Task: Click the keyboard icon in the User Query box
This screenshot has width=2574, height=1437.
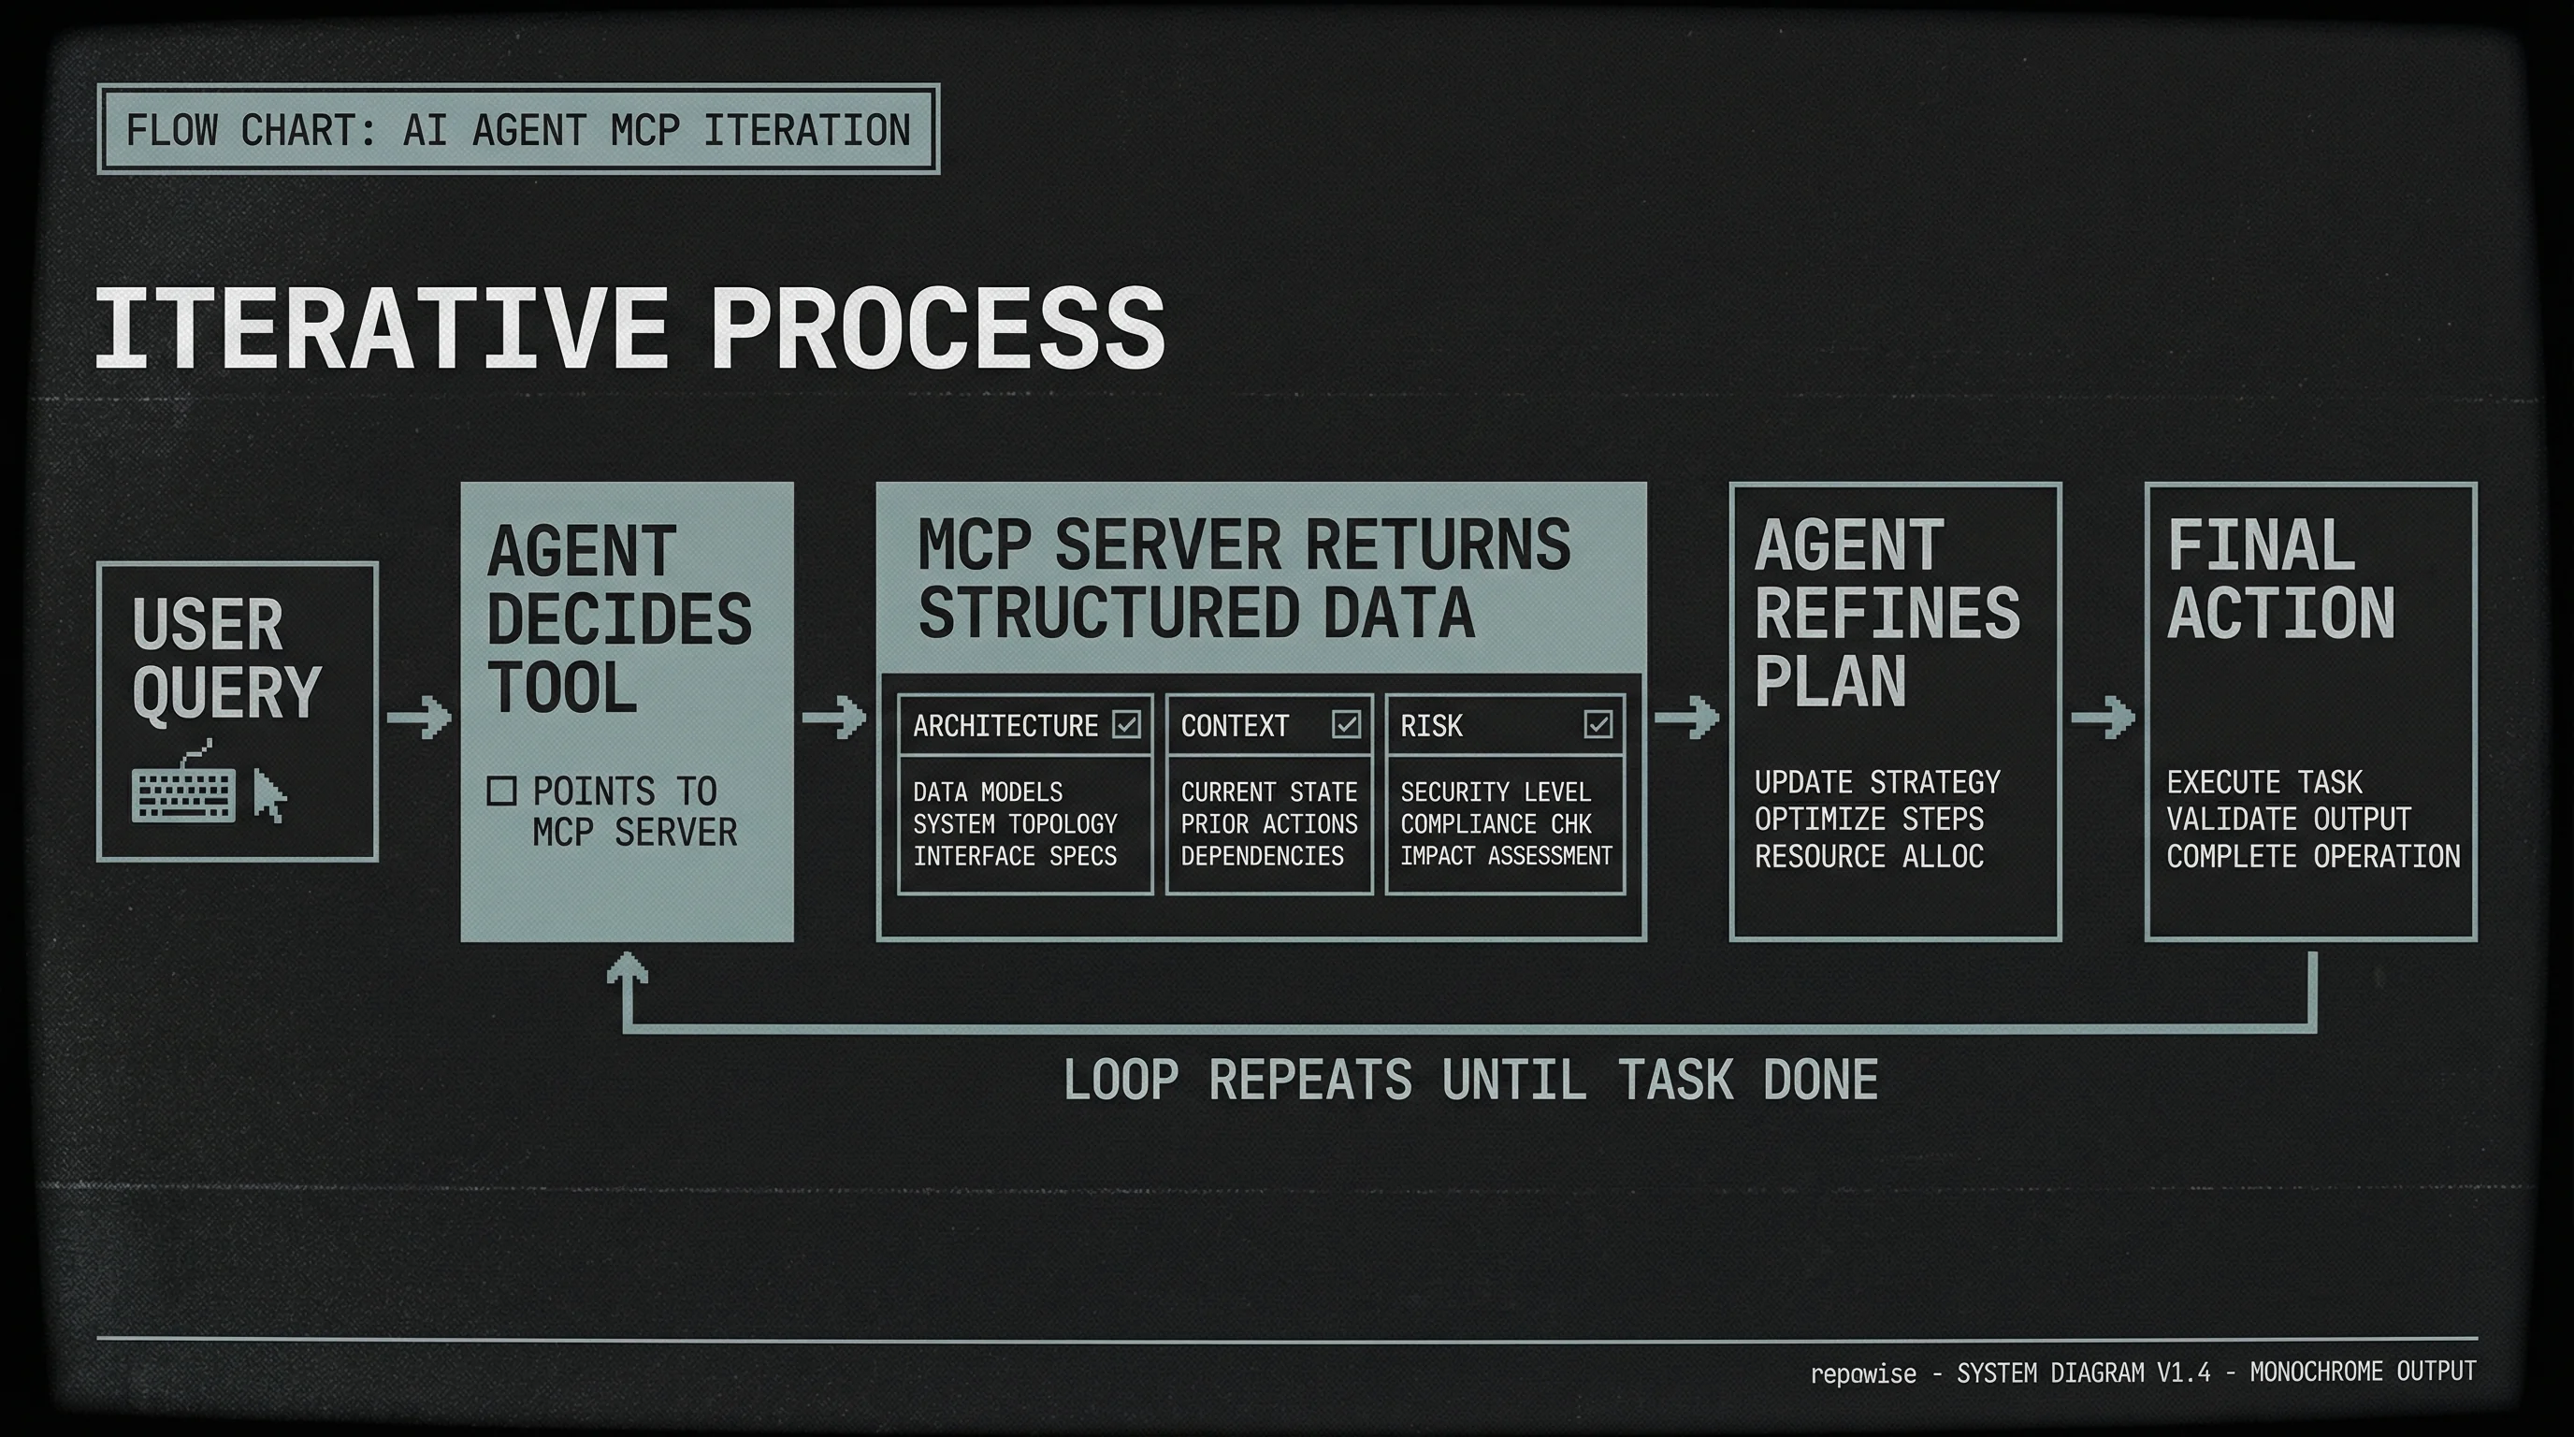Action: pyautogui.click(x=183, y=795)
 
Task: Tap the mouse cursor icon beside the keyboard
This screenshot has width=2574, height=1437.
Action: pyautogui.click(x=268, y=795)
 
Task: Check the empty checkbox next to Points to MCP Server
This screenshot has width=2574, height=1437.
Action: pyautogui.click(x=500, y=791)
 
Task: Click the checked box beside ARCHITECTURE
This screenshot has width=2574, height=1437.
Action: pyautogui.click(x=1126, y=723)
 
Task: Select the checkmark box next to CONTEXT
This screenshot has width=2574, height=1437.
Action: pyautogui.click(x=1346, y=723)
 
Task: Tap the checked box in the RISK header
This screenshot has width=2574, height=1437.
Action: pyautogui.click(x=1598, y=723)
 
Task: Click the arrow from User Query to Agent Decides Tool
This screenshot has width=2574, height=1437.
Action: pyautogui.click(x=420, y=717)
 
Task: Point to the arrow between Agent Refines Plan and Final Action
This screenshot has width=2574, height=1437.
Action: pyautogui.click(x=2103, y=717)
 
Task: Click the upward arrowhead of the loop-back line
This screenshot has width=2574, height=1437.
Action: pyautogui.click(x=628, y=969)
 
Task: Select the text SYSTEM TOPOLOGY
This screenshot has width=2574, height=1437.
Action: pyautogui.click(x=1014, y=823)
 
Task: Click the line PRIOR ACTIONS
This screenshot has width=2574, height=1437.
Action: pyautogui.click(x=1268, y=823)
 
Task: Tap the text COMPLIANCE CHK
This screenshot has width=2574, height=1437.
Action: pyautogui.click(x=1495, y=823)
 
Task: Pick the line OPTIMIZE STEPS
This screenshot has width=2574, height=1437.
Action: pyautogui.click(x=1869, y=819)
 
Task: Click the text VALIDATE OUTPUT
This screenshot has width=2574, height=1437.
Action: pyautogui.click(x=2288, y=819)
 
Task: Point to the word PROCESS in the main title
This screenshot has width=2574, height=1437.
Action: pyautogui.click(x=937, y=327)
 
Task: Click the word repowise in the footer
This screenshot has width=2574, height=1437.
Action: pyautogui.click(x=1862, y=1373)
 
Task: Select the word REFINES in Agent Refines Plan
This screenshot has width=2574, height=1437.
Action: pyautogui.click(x=1887, y=613)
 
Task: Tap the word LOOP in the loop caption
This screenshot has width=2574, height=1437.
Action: pyautogui.click(x=1121, y=1081)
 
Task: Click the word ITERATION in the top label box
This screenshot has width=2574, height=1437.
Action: pyautogui.click(x=806, y=130)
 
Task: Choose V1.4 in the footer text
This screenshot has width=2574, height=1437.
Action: pyautogui.click(x=2183, y=1372)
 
